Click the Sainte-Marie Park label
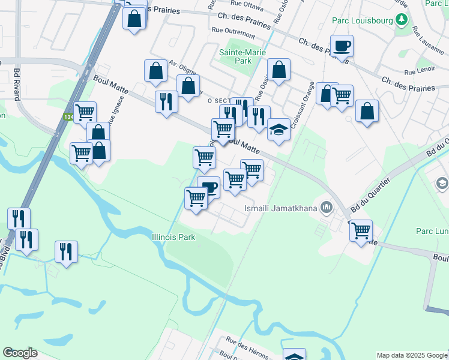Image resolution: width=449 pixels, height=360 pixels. point(235,56)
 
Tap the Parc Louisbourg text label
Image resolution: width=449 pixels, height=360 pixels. point(363,20)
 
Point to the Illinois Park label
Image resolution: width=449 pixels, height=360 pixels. point(173,237)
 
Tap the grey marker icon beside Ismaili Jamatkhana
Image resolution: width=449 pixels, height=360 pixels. point(327,208)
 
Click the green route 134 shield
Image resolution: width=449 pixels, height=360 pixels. point(69,118)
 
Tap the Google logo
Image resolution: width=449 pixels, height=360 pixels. point(20,353)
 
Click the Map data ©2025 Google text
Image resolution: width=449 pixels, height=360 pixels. point(411,355)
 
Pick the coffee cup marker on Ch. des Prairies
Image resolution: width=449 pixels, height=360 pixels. point(342,46)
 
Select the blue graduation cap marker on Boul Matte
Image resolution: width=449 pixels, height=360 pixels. point(279,130)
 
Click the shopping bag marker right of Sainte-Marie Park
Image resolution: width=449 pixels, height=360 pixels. point(279,70)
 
